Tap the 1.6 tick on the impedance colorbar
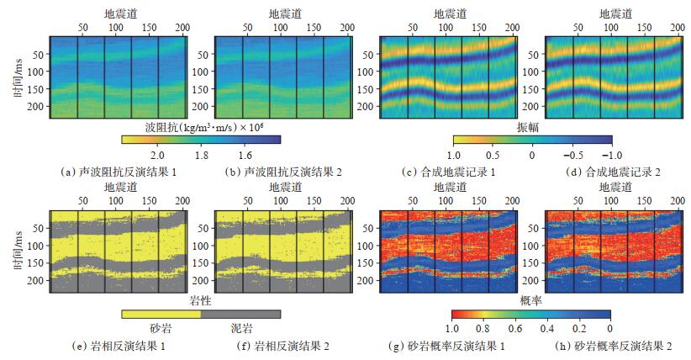click(245, 156)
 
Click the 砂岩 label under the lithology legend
click(161, 329)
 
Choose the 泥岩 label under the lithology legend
click(241, 329)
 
